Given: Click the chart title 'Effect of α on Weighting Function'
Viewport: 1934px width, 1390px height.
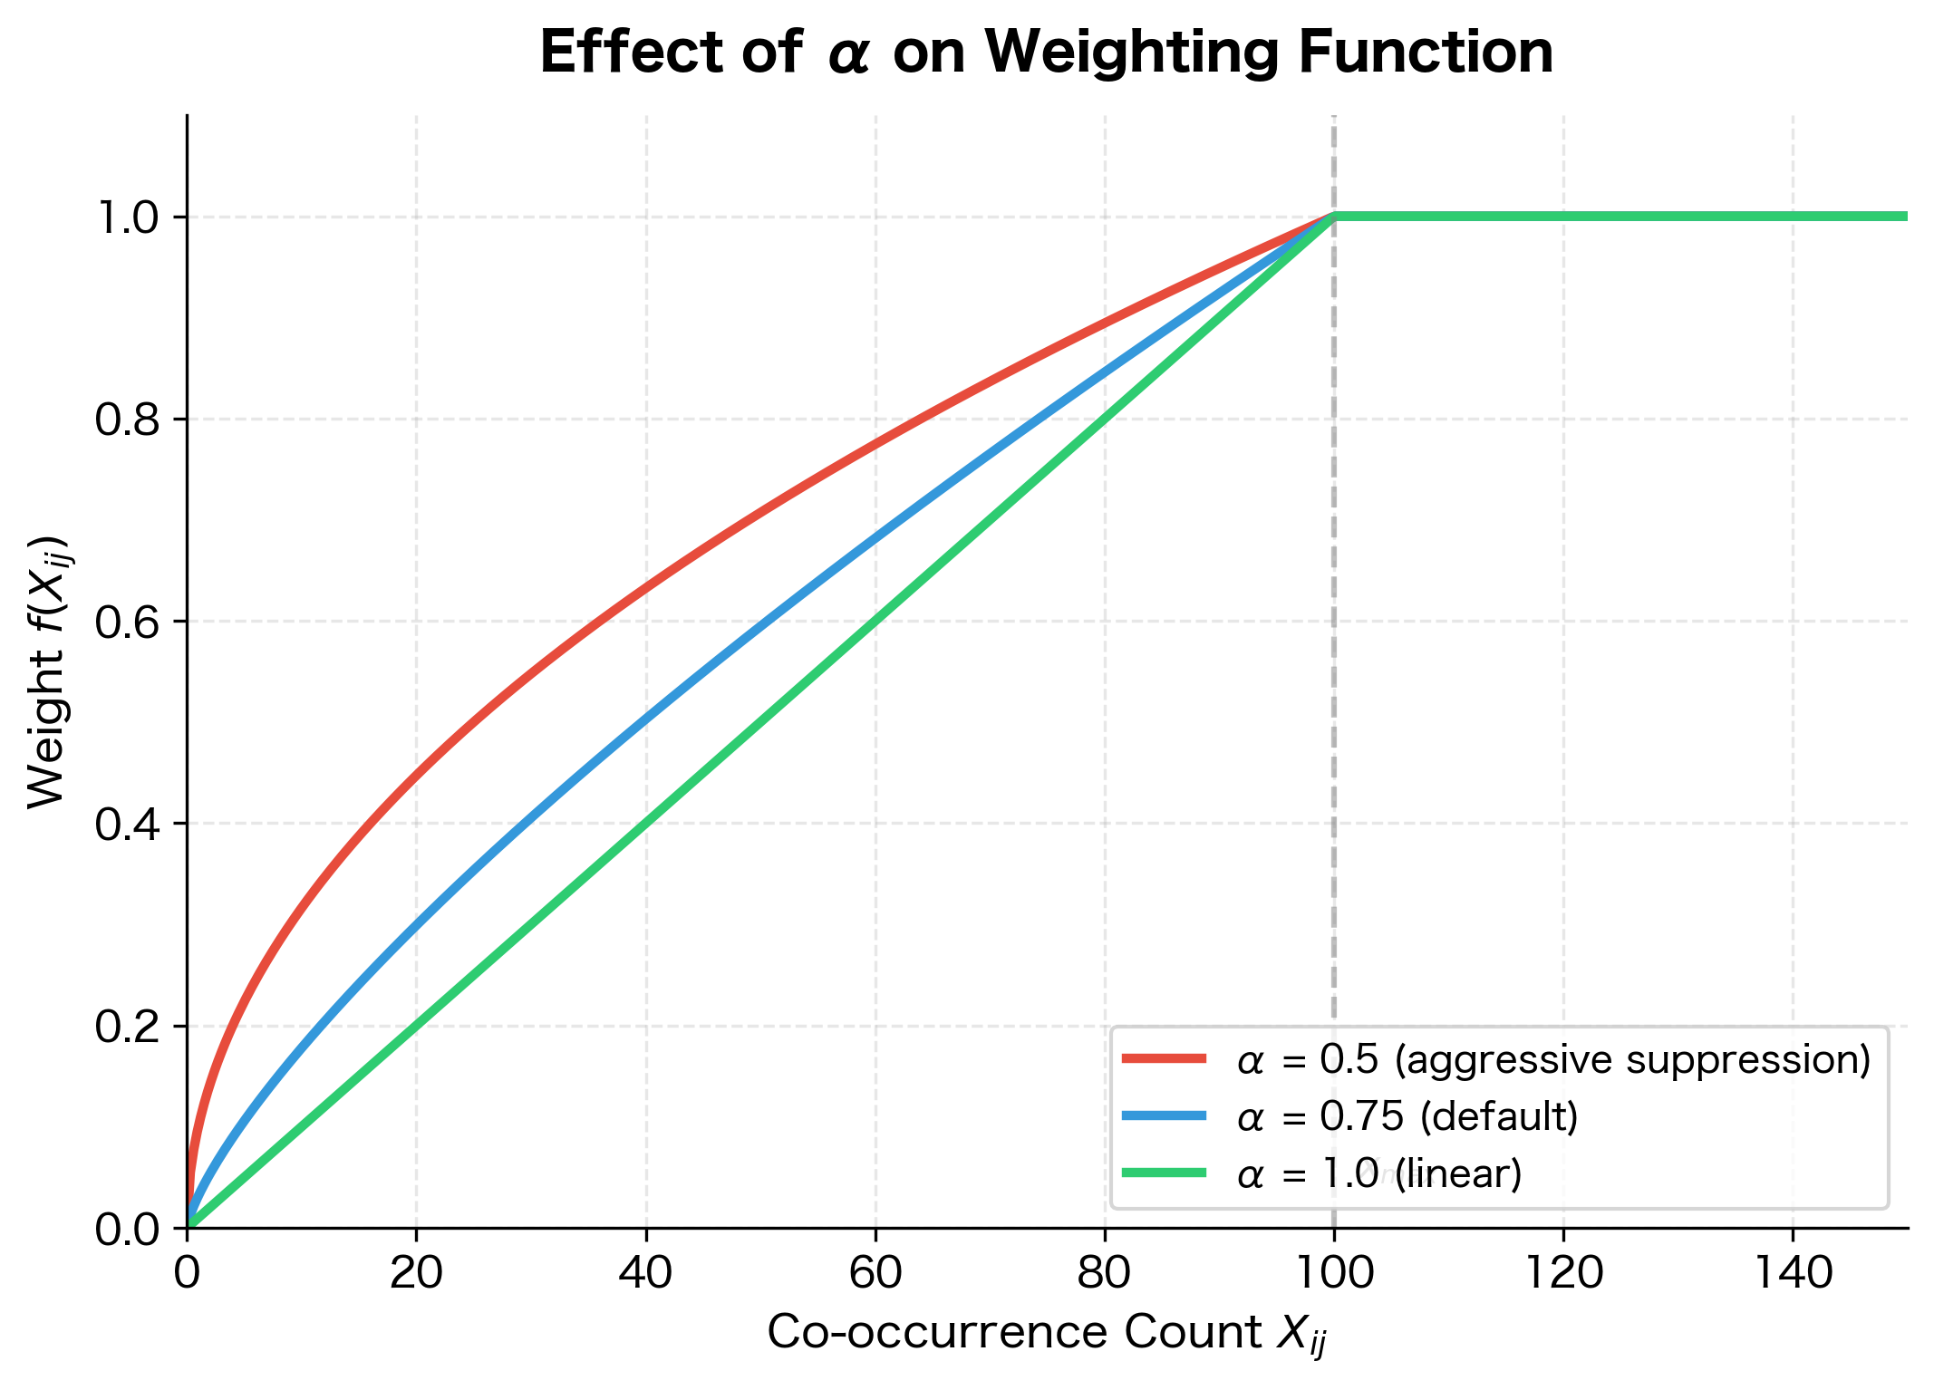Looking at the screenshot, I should (x=1046, y=53).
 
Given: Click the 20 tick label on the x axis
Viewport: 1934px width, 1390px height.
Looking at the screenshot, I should (x=416, y=1274).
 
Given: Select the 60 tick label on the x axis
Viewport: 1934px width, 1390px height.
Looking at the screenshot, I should (x=875, y=1274).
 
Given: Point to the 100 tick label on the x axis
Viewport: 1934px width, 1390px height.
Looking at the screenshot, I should (x=1334, y=1274).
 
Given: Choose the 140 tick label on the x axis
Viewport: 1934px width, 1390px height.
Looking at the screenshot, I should (x=1793, y=1274).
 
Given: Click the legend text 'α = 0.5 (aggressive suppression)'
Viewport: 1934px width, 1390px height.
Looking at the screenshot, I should (x=1553, y=1059).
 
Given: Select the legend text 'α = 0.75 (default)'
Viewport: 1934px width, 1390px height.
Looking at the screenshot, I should (x=1407, y=1116).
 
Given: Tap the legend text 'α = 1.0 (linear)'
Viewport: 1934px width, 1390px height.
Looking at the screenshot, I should (x=1379, y=1173).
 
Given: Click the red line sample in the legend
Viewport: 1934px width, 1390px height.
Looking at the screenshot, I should (x=1164, y=1058).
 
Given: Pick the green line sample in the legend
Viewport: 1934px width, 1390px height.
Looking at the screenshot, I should (x=1164, y=1173).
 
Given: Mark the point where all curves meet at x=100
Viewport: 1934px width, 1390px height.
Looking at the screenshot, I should (x=1334, y=217).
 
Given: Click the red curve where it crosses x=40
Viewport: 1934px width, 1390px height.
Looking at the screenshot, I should (x=646, y=589).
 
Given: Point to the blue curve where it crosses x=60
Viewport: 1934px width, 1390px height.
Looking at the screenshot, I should (x=875, y=538).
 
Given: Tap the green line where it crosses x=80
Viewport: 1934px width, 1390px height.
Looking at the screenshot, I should (x=1105, y=420).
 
